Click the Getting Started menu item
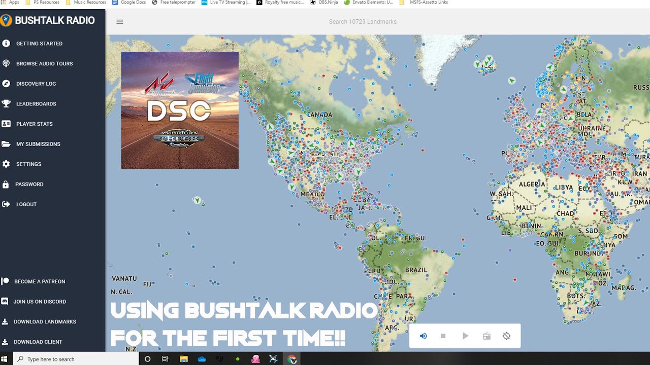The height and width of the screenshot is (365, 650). [39, 44]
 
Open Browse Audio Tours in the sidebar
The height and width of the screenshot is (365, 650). [44, 64]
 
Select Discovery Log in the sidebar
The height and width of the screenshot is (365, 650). [36, 84]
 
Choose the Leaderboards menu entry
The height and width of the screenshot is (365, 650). [36, 104]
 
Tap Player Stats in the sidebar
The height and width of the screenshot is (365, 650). [34, 124]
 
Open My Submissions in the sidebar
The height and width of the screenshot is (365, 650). [38, 144]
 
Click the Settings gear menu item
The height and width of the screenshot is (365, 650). [28, 164]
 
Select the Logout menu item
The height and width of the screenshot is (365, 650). [26, 204]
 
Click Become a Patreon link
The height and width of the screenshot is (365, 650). [40, 281]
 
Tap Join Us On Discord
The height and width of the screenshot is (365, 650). [40, 302]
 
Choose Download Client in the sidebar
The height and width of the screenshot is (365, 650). [38, 342]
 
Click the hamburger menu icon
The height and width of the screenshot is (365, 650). [120, 22]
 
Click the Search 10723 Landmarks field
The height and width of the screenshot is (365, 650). [363, 22]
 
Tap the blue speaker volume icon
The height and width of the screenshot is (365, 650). [424, 336]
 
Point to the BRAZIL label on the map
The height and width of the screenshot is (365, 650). [416, 270]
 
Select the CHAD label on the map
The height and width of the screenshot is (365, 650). [565, 213]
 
